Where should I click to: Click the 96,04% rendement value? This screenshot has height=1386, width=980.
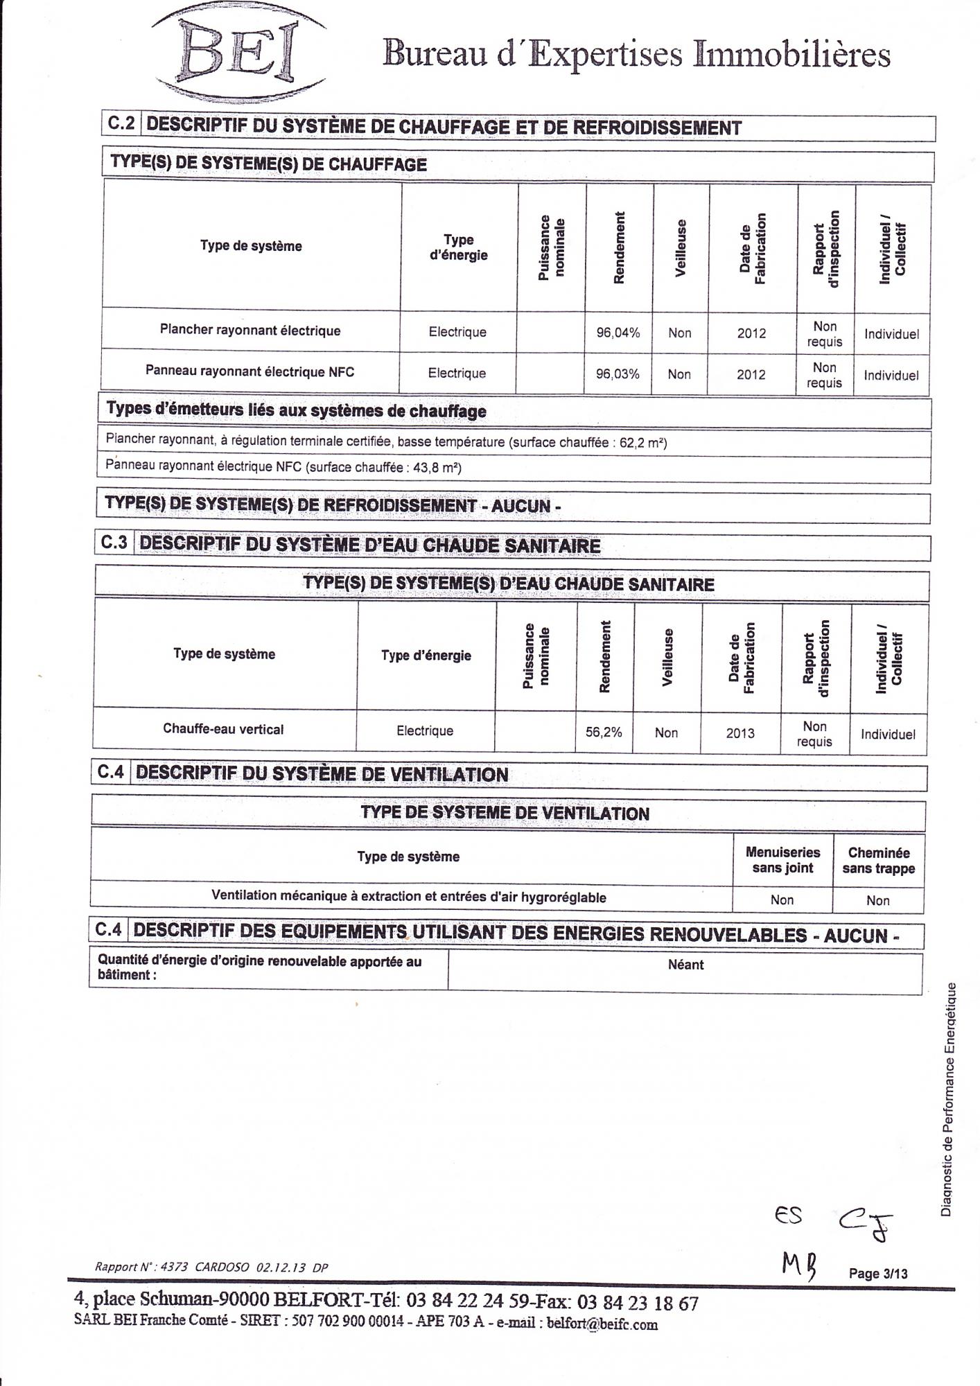point(618,333)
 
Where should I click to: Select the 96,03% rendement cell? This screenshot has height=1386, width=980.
point(618,374)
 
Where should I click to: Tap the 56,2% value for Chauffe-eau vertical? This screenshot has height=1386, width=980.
point(603,732)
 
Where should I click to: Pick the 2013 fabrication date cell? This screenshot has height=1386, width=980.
point(740,733)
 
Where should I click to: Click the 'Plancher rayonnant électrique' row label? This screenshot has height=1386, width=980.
point(250,331)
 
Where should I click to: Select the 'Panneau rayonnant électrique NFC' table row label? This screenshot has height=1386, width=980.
point(250,371)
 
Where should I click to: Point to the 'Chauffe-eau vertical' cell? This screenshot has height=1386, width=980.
point(223,729)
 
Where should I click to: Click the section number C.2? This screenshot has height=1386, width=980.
point(121,123)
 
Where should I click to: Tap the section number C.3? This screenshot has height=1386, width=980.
point(114,543)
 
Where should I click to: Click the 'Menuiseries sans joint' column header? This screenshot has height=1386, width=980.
point(782,860)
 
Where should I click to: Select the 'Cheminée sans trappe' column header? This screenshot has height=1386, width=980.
point(878,861)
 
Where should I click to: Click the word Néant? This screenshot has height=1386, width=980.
point(685,965)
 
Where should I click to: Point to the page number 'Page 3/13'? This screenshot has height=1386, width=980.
point(878,1274)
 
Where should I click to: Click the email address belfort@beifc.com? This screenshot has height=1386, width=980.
point(602,1324)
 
